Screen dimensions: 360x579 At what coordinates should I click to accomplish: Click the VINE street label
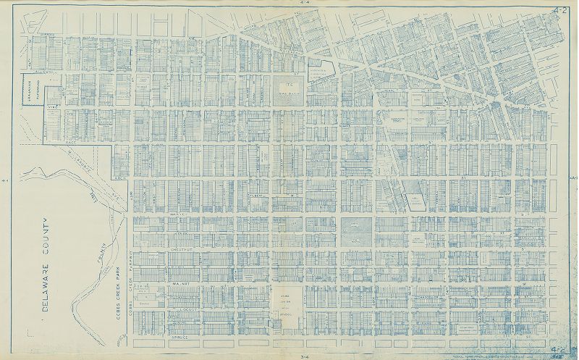click(52, 106)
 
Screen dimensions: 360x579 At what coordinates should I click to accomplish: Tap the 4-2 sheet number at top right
click(558, 9)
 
